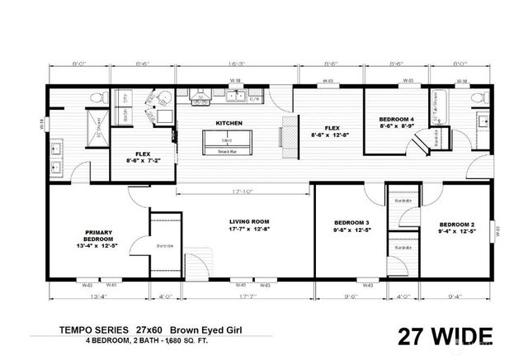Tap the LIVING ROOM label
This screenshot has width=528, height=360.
(x=250, y=221)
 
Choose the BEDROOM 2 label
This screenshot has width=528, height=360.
(x=457, y=225)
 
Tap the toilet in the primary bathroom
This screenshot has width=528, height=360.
(x=97, y=100)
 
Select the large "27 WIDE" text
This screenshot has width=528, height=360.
(x=445, y=337)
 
